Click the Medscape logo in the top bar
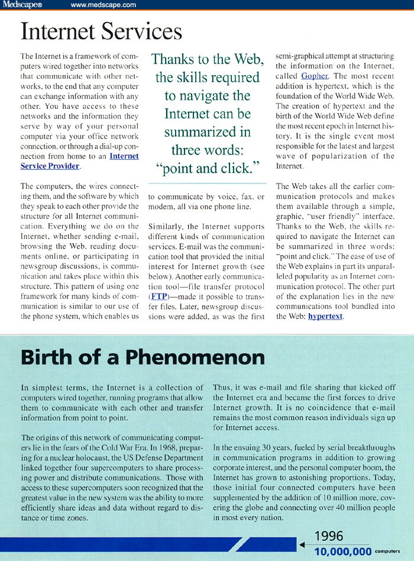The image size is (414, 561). pyautogui.click(x=20, y=5)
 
